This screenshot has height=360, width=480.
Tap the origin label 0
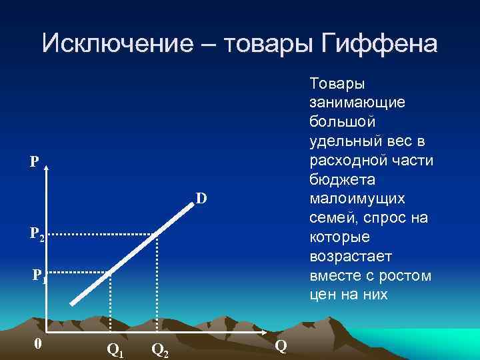[39, 344]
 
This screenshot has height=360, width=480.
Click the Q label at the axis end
[281, 345]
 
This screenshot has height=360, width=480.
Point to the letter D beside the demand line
[201, 198]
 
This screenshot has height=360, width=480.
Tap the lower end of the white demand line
[72, 303]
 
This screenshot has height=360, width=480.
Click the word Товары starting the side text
[337, 84]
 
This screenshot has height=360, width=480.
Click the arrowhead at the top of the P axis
[46, 167]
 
